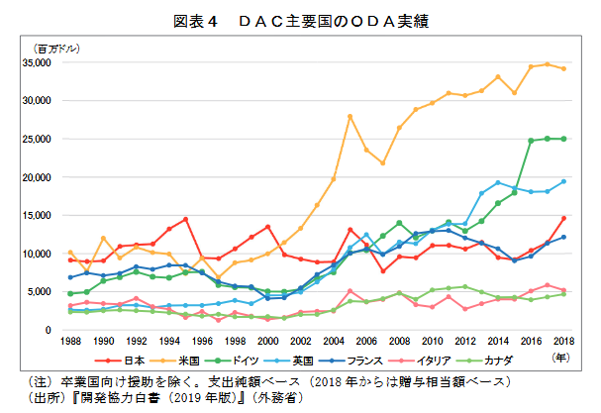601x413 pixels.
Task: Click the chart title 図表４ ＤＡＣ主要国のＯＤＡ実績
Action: [300, 19]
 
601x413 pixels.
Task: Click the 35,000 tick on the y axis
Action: [49, 62]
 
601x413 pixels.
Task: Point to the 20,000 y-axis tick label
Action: [49, 177]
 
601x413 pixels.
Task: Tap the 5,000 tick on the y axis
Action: [51, 292]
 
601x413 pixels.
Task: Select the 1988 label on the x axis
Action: [70, 342]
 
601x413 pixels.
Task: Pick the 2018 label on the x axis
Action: [563, 342]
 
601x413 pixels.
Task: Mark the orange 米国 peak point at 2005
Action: [350, 117]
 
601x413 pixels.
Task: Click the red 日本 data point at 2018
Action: [563, 218]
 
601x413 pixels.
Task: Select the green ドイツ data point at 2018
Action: [563, 139]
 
